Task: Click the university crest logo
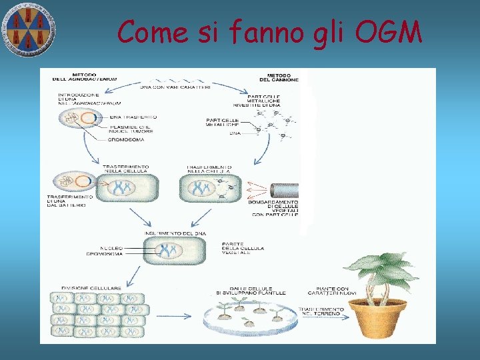point(27,29)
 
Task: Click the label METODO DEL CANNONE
point(283,77)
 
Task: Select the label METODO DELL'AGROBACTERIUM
point(85,77)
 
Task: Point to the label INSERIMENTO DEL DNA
point(175,232)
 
